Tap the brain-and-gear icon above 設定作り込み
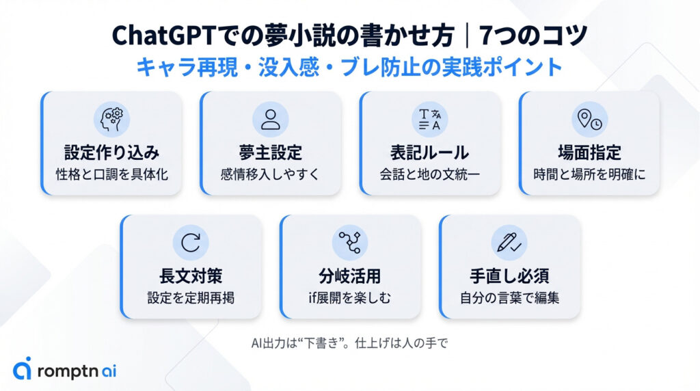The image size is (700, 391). click(x=111, y=119)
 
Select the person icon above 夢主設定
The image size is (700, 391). click(x=271, y=119)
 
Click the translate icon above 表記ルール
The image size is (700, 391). click(x=430, y=119)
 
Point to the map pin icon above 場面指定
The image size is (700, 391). click(x=589, y=119)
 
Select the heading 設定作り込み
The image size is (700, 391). click(x=111, y=152)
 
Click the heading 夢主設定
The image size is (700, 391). click(x=271, y=152)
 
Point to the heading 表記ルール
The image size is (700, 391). click(x=430, y=152)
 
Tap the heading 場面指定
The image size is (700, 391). click(x=589, y=152)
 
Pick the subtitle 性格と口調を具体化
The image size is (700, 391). click(x=111, y=174)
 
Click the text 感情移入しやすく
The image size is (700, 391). click(x=271, y=174)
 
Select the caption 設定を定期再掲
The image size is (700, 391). click(x=191, y=297)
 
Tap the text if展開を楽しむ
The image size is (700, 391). click(x=350, y=297)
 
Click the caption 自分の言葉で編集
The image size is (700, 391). click(x=509, y=297)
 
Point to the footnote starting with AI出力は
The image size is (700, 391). click(x=349, y=342)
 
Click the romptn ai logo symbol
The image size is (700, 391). click(x=23, y=369)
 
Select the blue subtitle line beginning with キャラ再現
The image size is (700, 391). click(x=349, y=67)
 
